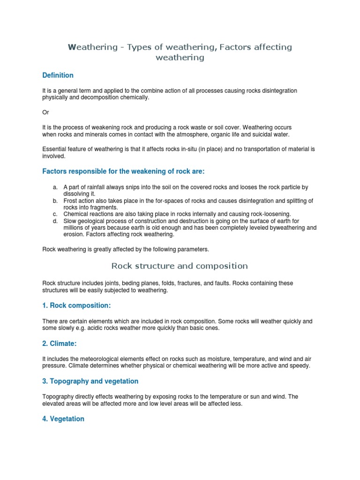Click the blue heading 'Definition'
pos(58,75)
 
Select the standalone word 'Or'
pos(45,112)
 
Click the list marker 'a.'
pos(55,187)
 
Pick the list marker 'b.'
pos(55,201)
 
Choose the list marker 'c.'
pos(55,214)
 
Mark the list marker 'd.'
pos(55,221)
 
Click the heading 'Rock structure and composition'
pos(180,266)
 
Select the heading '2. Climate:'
pos(60,344)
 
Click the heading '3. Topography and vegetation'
pos(90,382)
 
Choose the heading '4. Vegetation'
pos(63,419)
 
